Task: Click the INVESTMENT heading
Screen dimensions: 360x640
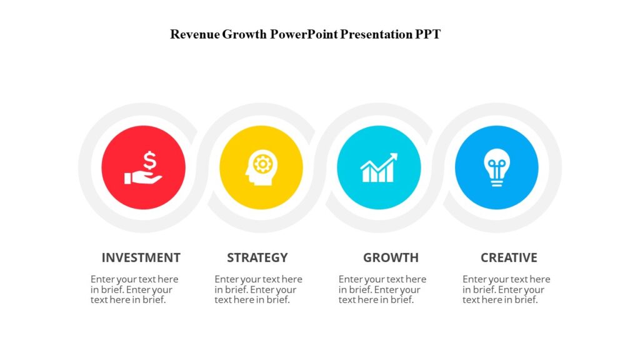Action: (141, 257)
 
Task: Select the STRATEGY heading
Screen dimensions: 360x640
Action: (257, 257)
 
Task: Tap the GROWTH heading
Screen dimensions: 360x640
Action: (391, 257)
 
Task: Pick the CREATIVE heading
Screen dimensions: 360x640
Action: (509, 257)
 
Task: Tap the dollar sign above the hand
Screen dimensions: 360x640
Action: (149, 161)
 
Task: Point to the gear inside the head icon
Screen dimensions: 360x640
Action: (264, 164)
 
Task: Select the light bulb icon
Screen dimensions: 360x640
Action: (497, 168)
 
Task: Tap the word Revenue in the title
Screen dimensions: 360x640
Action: (194, 34)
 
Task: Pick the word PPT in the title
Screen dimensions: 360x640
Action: (428, 34)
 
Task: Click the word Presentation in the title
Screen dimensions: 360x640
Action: (377, 34)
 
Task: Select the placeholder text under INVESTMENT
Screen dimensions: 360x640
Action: (134, 289)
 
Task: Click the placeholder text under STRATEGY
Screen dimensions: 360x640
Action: (258, 289)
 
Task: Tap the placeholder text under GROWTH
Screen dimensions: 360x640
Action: (382, 289)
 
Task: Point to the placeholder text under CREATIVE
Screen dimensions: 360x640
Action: (506, 289)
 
